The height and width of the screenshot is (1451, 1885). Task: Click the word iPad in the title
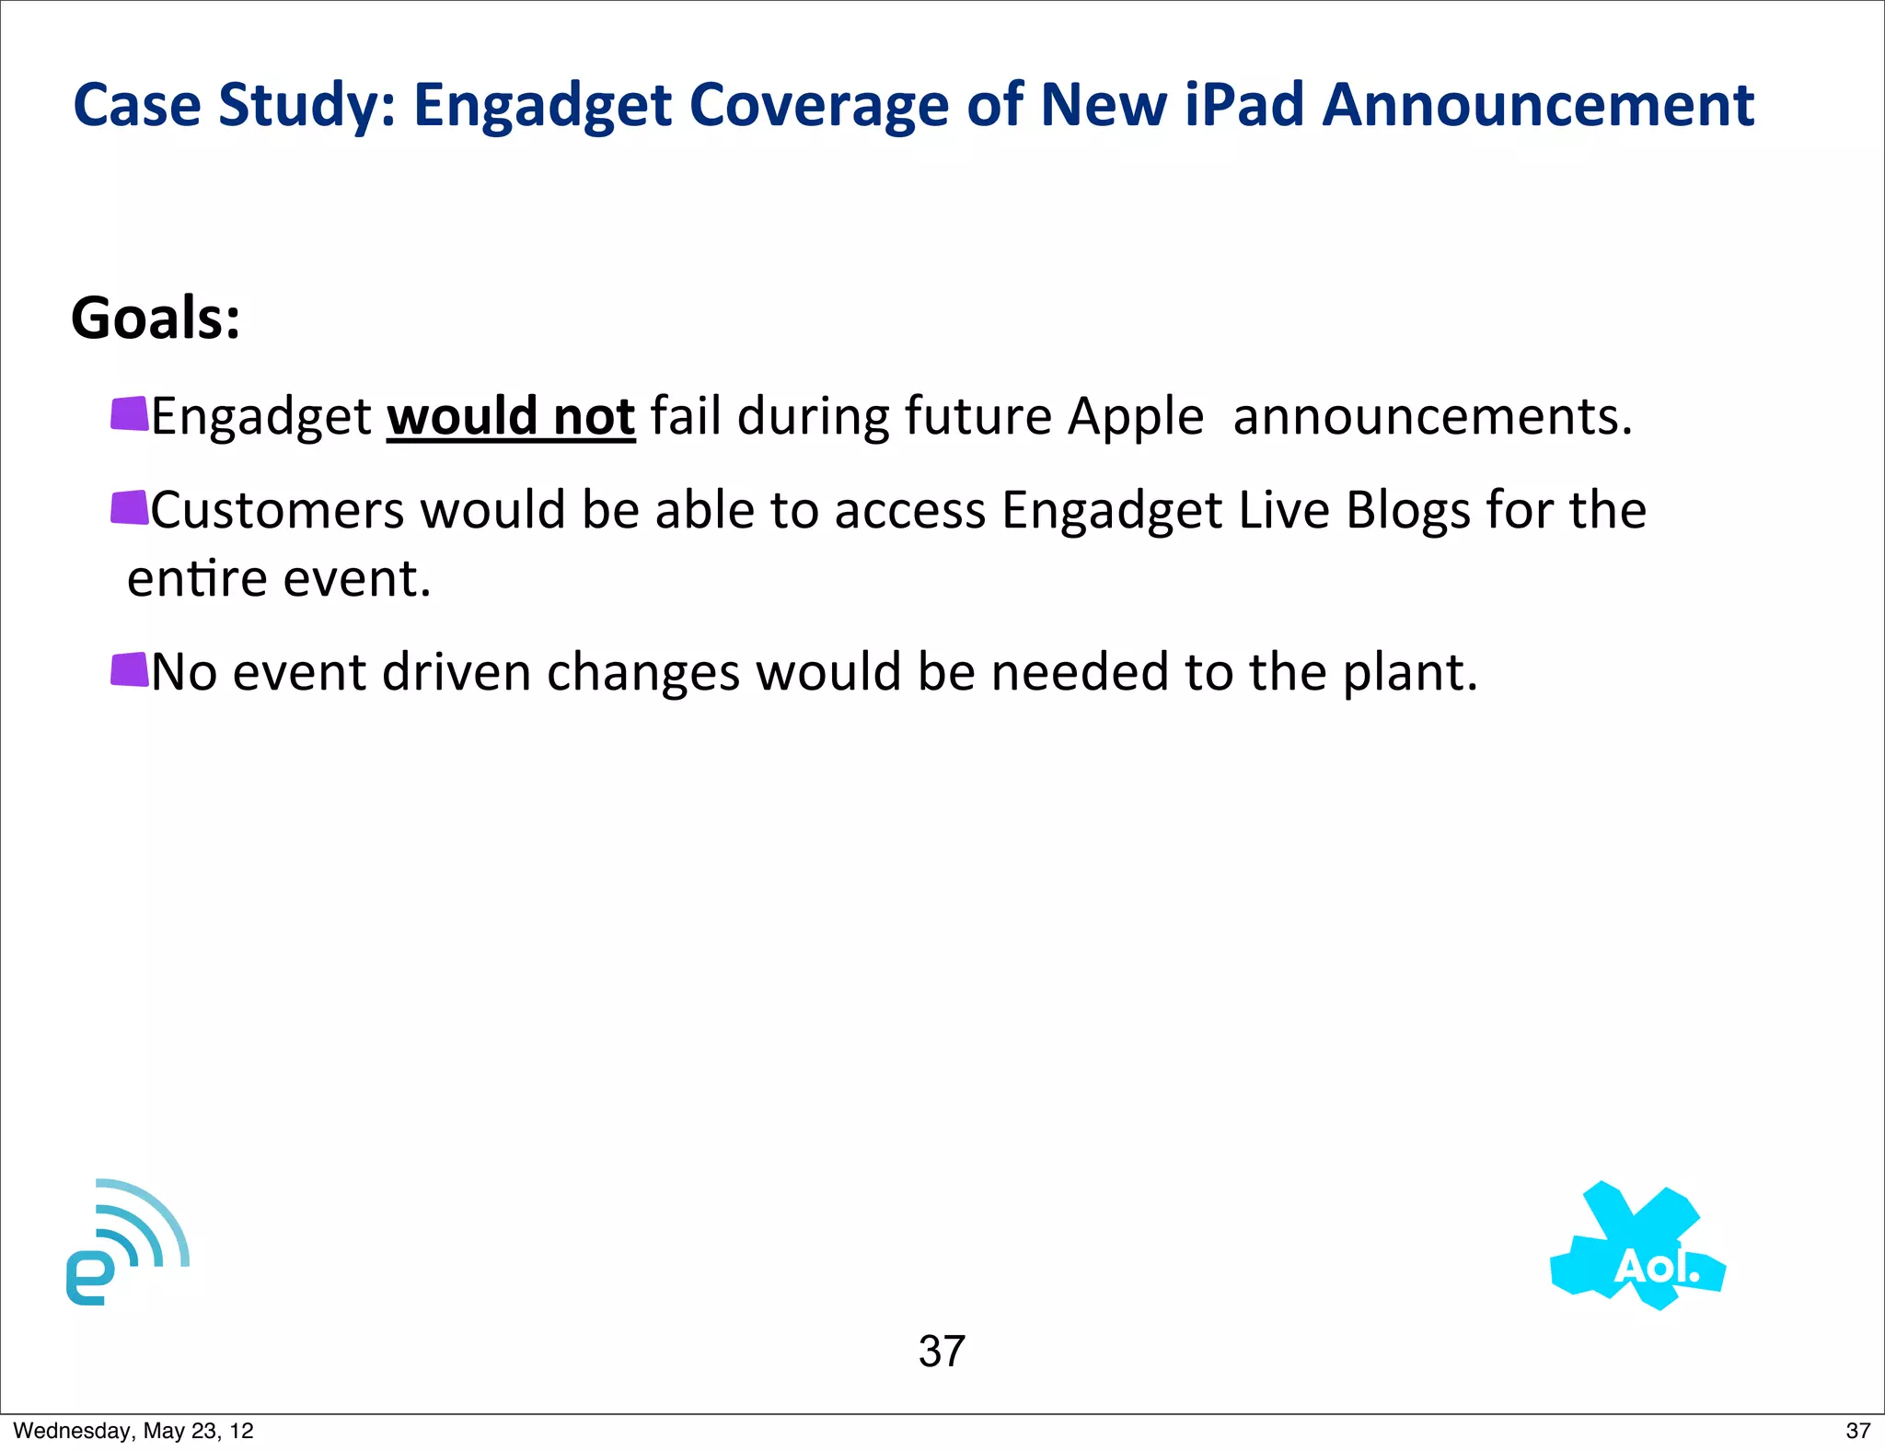1244,104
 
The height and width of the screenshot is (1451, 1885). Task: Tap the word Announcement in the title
1538,104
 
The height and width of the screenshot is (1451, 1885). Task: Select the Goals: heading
156,319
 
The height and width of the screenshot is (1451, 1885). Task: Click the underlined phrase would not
511,416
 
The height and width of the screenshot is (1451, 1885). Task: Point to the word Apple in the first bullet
1136,417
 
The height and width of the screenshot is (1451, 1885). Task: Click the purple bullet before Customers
130,508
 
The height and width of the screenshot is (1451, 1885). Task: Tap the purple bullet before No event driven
130,670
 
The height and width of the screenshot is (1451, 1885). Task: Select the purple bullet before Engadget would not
130,414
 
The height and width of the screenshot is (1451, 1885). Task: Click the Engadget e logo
126,1242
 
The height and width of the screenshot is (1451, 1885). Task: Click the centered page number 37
942,1352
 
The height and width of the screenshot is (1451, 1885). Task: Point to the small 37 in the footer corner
1857,1431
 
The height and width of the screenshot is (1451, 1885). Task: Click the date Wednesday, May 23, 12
133,1431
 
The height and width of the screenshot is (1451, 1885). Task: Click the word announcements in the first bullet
1432,417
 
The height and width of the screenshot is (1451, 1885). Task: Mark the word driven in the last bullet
457,671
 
